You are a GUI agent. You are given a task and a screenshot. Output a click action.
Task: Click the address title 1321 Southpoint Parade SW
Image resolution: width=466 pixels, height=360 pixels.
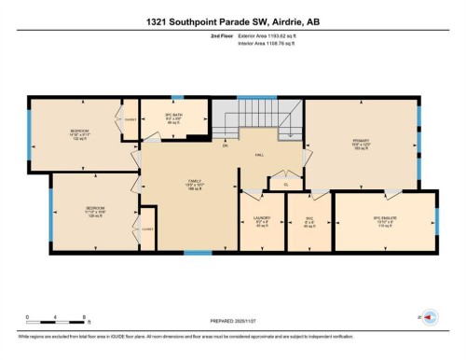tap(232, 21)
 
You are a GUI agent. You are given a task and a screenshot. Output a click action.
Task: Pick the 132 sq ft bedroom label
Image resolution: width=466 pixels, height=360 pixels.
tap(80, 134)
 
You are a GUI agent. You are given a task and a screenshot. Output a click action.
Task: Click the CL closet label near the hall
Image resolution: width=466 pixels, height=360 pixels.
tap(286, 184)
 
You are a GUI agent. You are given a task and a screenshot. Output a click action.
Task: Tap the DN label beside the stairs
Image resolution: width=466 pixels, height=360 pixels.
tap(225, 145)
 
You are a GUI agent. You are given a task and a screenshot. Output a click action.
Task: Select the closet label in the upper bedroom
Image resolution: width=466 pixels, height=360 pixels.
tap(130, 120)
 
